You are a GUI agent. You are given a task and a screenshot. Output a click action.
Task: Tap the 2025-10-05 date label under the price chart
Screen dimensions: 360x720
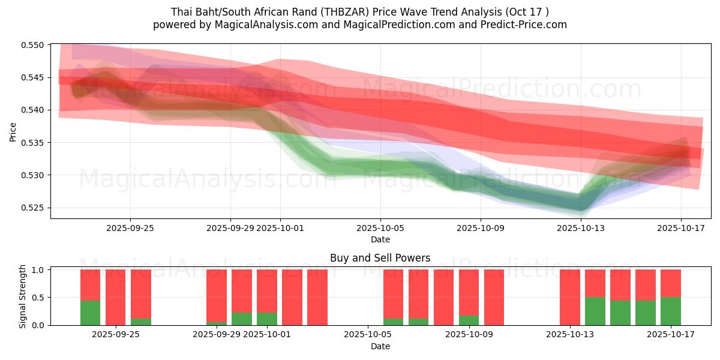(x=380, y=228)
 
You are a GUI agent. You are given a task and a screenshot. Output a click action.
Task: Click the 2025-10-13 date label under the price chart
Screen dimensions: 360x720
(x=581, y=228)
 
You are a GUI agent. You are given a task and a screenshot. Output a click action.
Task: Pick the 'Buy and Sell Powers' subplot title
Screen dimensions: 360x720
(x=380, y=259)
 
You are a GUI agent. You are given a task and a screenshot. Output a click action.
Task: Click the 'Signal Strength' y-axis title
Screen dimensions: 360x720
(x=23, y=296)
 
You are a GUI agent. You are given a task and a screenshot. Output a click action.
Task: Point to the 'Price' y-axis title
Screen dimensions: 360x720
(x=13, y=131)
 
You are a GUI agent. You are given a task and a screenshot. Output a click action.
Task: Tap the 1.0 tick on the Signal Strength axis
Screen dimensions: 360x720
(x=38, y=270)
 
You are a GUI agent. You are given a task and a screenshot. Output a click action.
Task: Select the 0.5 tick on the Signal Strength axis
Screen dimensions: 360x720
(x=38, y=298)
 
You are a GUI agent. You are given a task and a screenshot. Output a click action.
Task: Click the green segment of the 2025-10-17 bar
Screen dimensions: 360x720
(x=670, y=311)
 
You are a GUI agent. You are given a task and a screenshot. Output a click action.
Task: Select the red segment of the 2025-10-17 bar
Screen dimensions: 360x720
(x=670, y=283)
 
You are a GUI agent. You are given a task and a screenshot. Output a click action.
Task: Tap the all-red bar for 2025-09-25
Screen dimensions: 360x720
(x=115, y=297)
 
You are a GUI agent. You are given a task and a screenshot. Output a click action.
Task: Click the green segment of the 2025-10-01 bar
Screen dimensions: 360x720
(x=267, y=319)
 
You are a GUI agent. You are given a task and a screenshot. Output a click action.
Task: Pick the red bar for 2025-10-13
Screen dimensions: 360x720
(x=569, y=297)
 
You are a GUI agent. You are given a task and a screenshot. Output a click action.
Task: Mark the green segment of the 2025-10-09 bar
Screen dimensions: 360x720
(x=469, y=320)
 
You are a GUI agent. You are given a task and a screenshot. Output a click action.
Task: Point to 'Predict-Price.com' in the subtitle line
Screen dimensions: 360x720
(x=526, y=25)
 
